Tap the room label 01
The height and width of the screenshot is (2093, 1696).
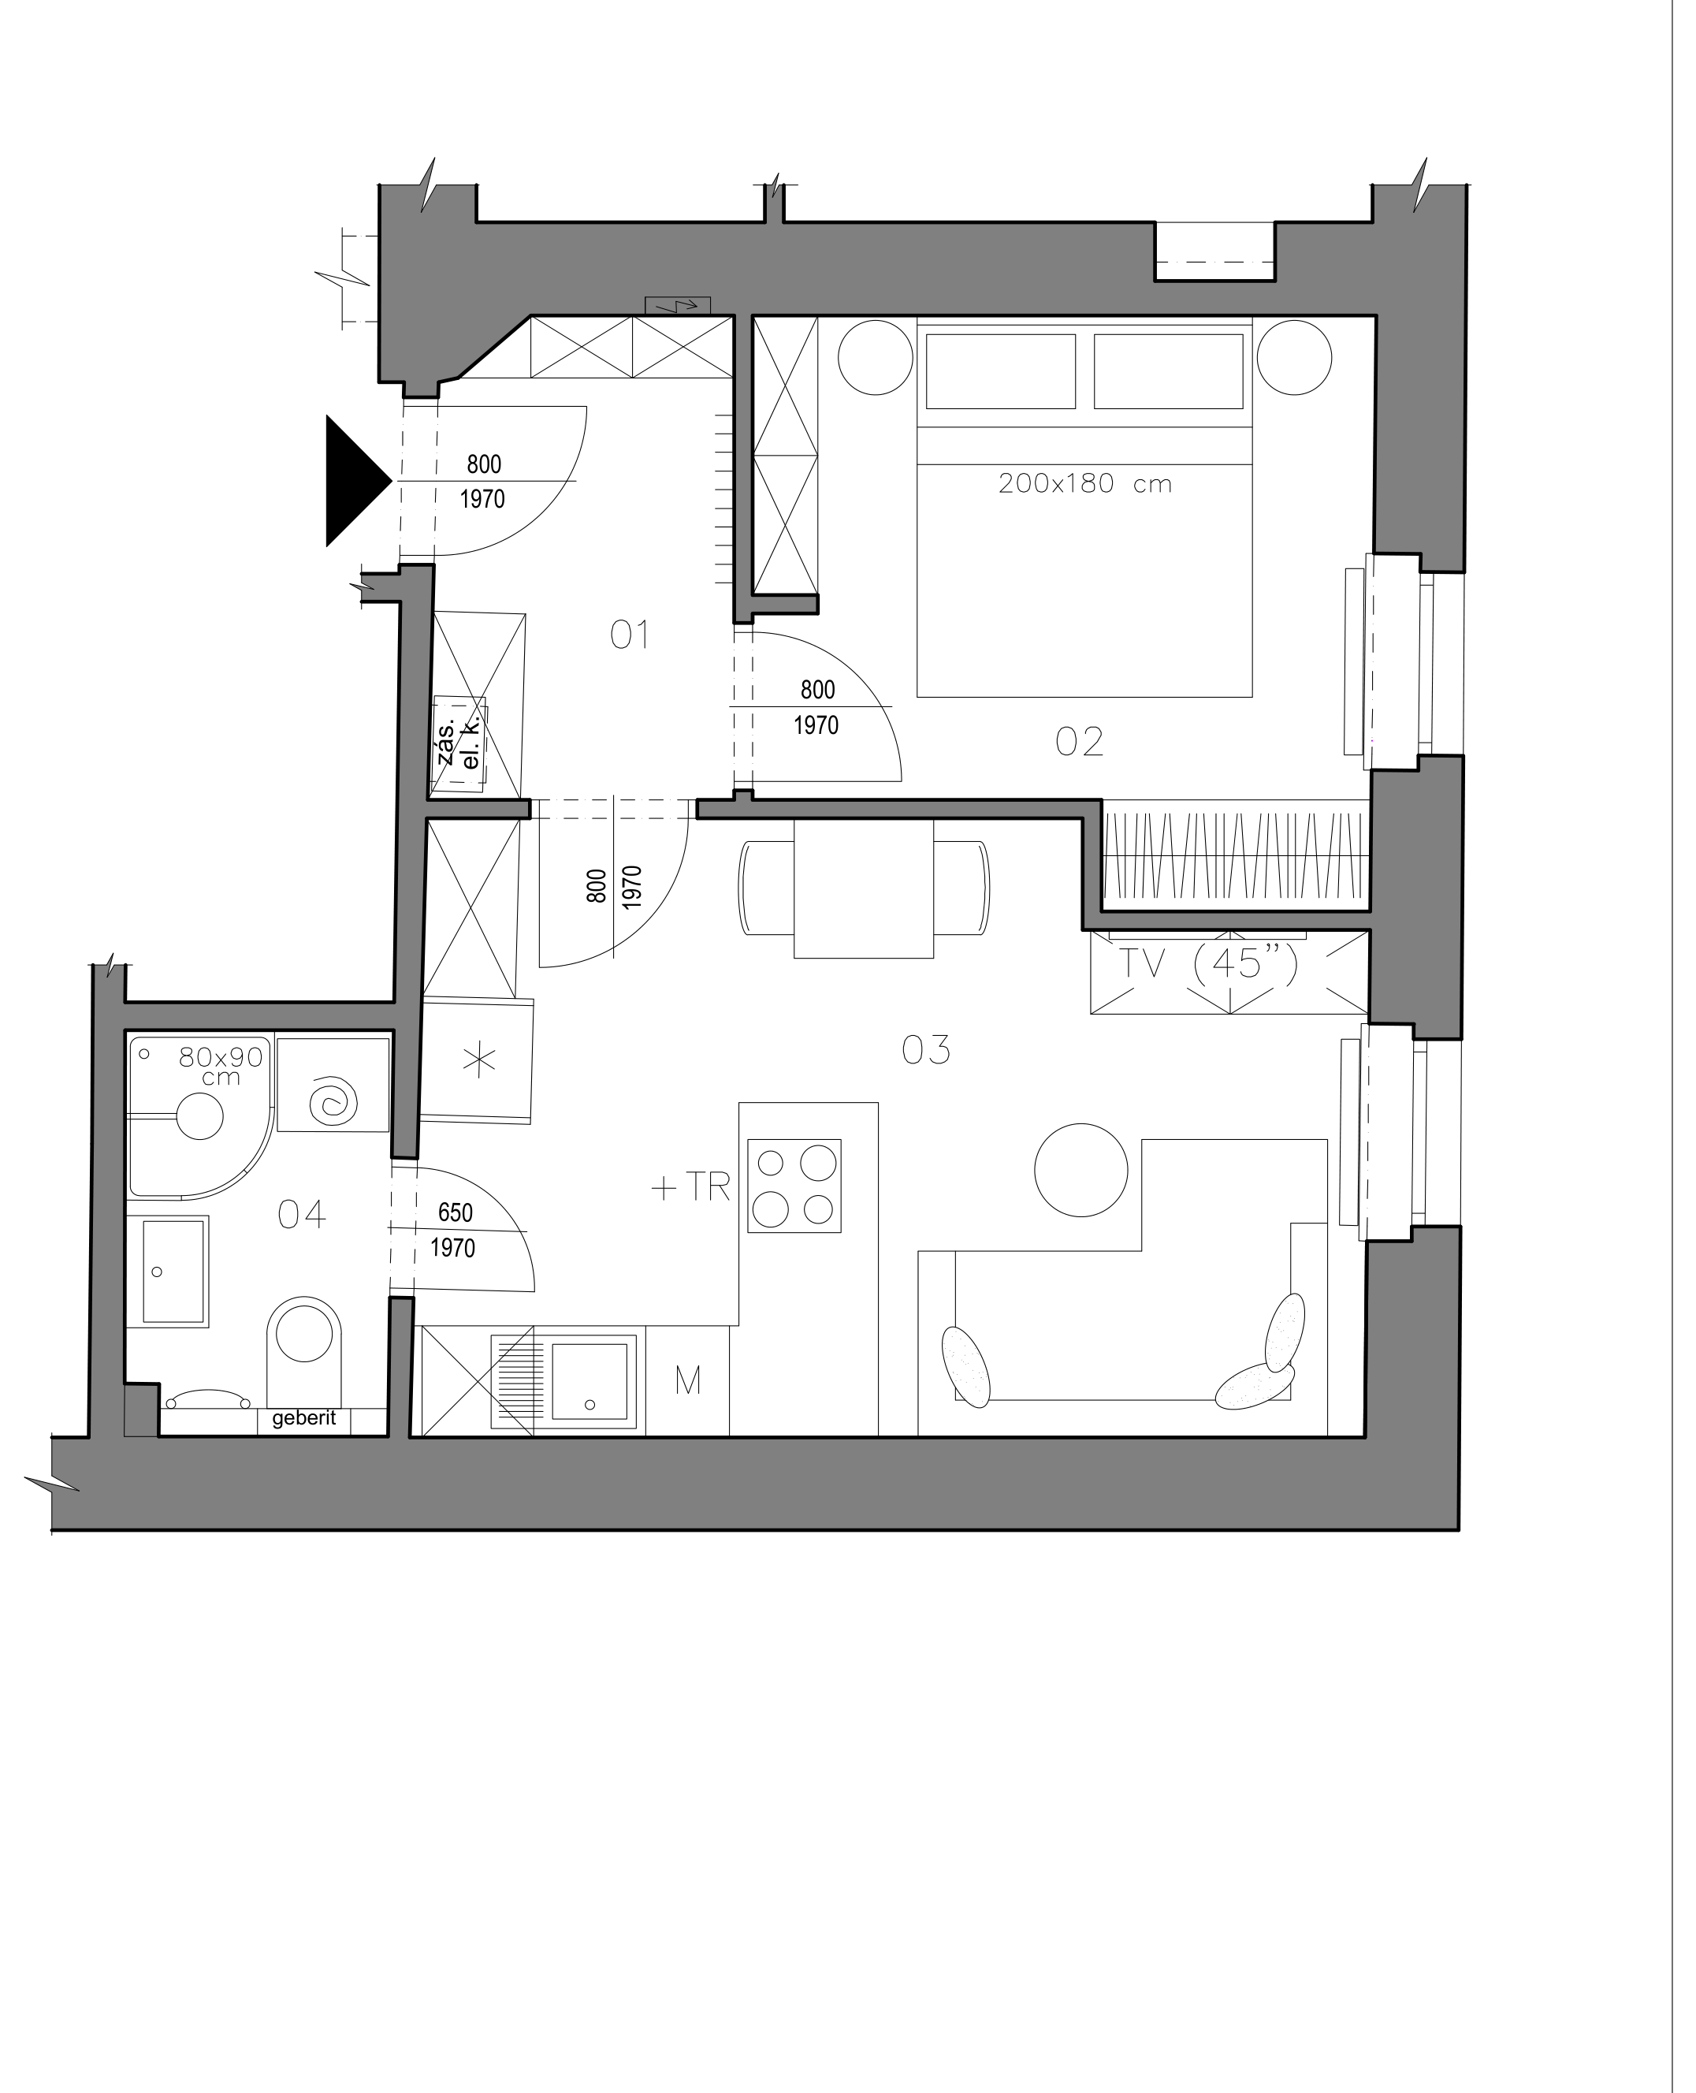(630, 636)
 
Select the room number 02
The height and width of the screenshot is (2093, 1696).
(1080, 742)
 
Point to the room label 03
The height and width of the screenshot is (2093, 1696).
(925, 1050)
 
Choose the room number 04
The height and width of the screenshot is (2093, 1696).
(301, 1215)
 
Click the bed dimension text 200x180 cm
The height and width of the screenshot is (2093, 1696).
(1084, 484)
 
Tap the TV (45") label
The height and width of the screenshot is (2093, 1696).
(1208, 963)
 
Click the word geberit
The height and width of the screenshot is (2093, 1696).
(304, 1418)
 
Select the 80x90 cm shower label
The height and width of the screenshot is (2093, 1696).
(221, 1066)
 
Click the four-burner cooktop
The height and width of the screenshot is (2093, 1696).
(794, 1186)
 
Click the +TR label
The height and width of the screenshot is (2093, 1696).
(690, 1186)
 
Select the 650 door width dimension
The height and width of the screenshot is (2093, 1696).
(456, 1212)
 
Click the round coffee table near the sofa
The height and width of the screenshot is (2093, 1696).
(1080, 1170)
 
